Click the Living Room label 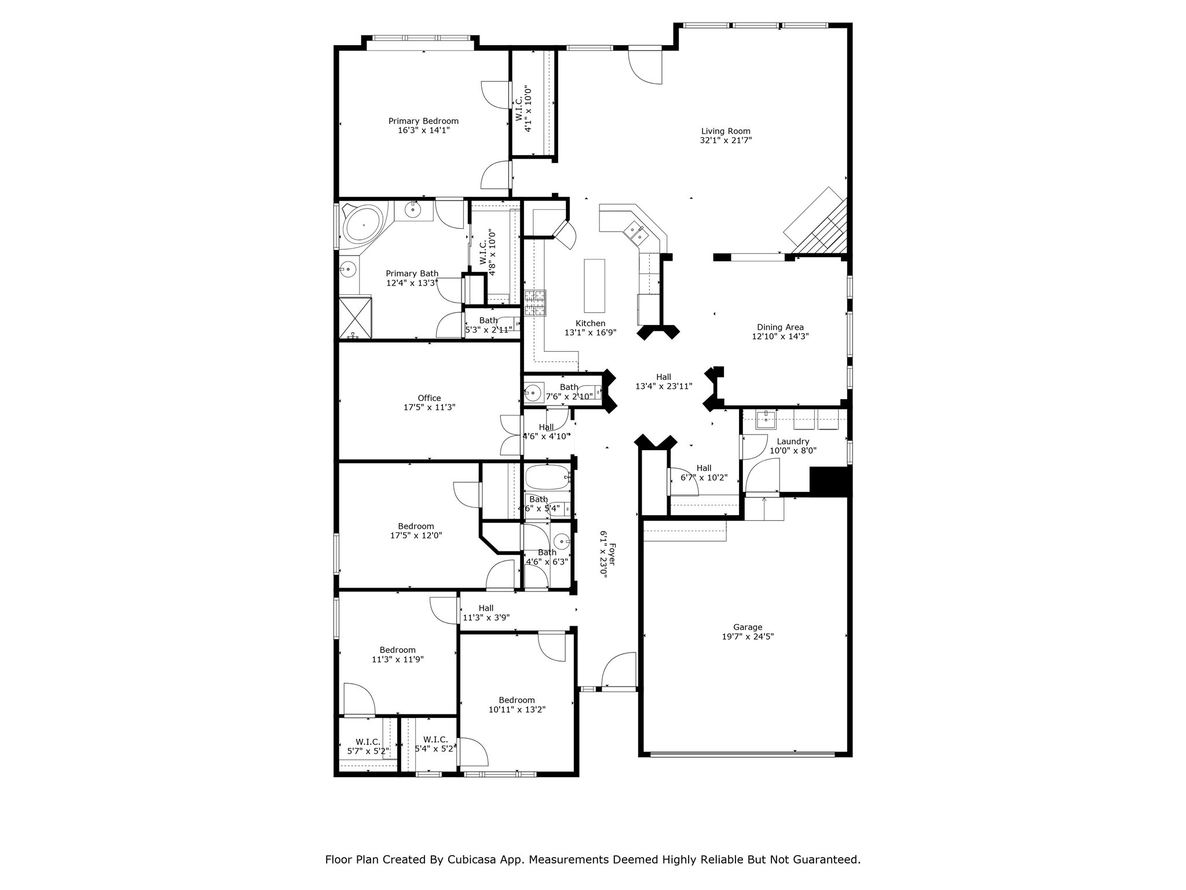point(726,131)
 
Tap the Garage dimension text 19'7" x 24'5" point(748,636)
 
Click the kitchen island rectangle point(594,286)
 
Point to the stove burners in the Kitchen point(535,303)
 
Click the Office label point(429,398)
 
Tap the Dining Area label point(780,327)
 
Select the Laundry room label point(793,441)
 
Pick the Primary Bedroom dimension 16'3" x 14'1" point(423,130)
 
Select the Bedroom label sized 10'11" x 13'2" point(517,700)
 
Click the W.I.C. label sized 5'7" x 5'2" point(368,742)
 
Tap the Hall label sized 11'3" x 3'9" point(486,608)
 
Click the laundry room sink point(766,420)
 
